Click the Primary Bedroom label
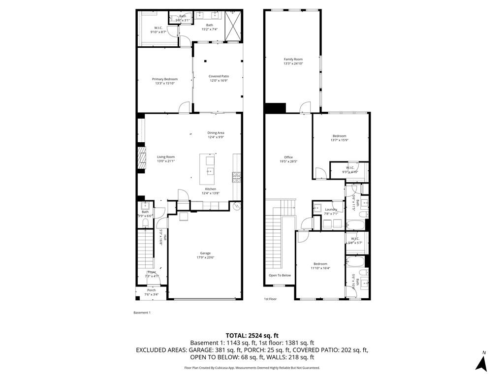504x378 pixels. (x=164, y=81)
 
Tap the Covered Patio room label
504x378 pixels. (x=219, y=78)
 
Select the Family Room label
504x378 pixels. (x=293, y=61)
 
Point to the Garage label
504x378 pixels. (x=205, y=255)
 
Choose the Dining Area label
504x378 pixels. (x=216, y=135)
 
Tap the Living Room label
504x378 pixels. (x=166, y=158)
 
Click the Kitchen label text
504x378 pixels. (x=211, y=191)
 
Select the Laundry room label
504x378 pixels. (x=331, y=211)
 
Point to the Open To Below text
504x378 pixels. (x=280, y=275)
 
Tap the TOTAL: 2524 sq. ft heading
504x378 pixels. (x=252, y=335)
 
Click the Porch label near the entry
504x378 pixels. (x=152, y=292)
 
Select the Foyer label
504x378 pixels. (x=152, y=274)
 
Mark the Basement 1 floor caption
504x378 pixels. (x=142, y=313)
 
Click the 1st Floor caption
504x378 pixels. (x=270, y=299)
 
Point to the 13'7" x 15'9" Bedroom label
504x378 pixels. (x=339, y=138)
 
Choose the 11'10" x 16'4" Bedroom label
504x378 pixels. (x=320, y=266)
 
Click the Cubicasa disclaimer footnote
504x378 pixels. (x=252, y=368)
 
